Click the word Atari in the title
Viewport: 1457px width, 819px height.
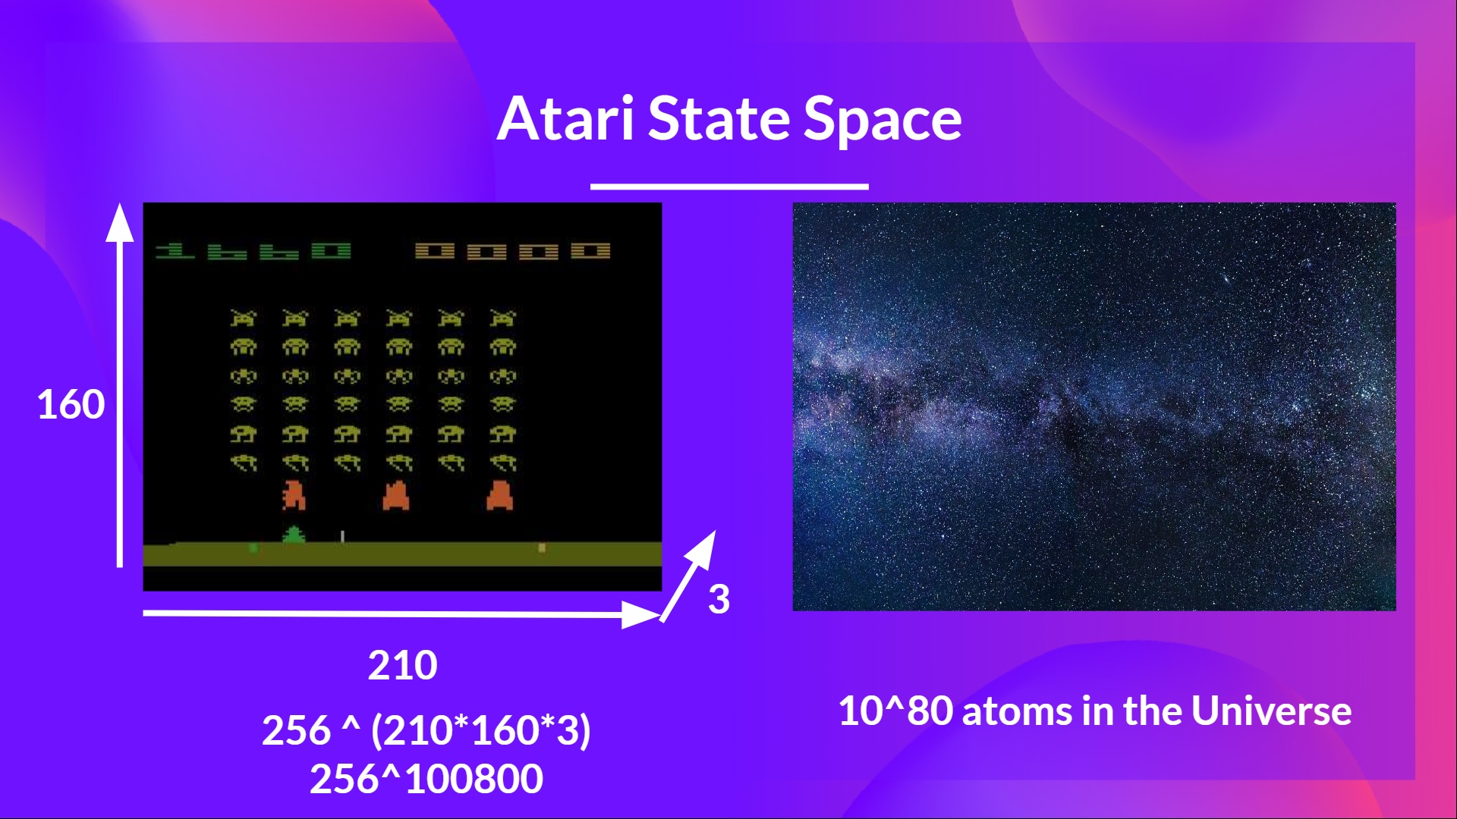(x=565, y=119)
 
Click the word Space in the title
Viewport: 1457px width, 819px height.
(x=882, y=119)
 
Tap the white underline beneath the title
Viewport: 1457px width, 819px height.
(x=729, y=186)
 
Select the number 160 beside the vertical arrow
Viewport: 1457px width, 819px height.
(x=71, y=404)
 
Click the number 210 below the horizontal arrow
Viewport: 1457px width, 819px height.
(x=402, y=665)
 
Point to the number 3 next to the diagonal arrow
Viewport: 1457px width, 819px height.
(x=719, y=599)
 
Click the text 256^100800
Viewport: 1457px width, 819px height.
(x=426, y=779)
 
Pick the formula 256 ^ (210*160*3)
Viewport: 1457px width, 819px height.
(x=426, y=730)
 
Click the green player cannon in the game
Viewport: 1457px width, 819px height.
(x=294, y=535)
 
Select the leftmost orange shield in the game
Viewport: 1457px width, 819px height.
(x=294, y=496)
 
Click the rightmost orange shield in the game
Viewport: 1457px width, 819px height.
(x=499, y=496)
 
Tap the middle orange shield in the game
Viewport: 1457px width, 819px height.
(x=396, y=496)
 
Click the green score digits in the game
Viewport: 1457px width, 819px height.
(x=253, y=251)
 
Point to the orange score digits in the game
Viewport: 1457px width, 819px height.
(x=512, y=251)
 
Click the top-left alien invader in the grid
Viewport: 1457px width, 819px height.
(x=244, y=318)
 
